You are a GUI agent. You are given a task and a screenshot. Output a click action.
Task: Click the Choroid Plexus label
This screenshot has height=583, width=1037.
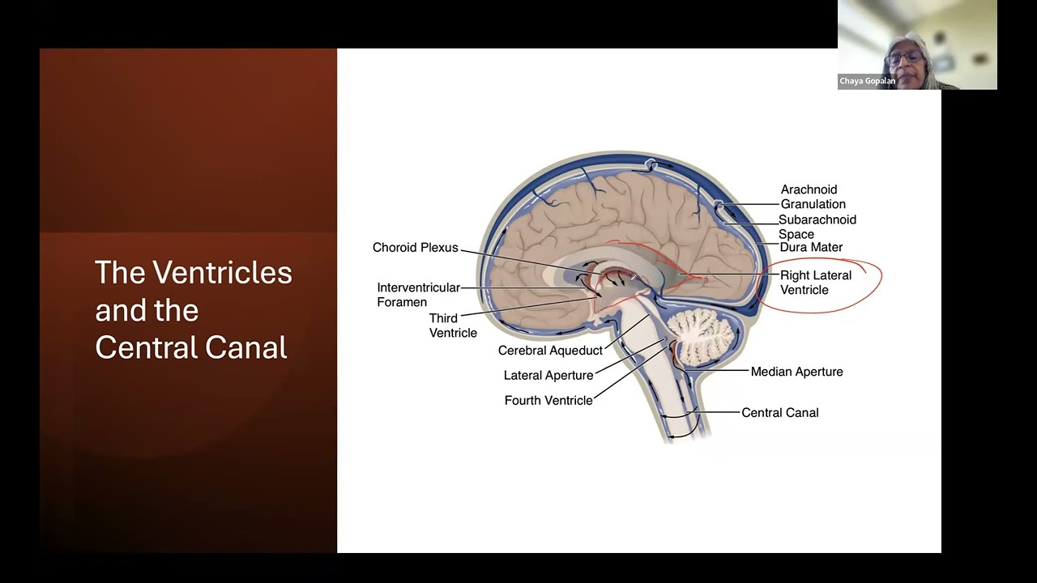pos(415,248)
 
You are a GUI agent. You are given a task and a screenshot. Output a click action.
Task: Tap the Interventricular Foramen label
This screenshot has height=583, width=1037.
pos(418,295)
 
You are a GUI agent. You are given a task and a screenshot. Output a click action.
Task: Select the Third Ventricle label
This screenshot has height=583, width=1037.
pos(453,326)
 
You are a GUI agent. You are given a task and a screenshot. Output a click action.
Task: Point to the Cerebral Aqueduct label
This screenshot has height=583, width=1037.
pos(550,351)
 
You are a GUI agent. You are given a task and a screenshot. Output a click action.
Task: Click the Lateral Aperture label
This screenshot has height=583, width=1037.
pos(548,376)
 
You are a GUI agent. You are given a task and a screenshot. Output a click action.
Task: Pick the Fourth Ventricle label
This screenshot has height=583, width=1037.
pos(548,400)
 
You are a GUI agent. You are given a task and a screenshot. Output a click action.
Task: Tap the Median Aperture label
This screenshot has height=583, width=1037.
pos(796,372)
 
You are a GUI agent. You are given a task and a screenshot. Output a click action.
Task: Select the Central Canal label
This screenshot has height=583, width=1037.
pos(779,412)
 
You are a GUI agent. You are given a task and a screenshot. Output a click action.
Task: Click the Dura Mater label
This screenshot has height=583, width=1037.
pos(810,247)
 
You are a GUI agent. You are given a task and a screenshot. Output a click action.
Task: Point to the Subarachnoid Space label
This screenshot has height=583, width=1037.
pos(817,227)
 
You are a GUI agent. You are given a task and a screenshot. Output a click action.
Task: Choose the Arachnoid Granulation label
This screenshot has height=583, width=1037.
pos(813,197)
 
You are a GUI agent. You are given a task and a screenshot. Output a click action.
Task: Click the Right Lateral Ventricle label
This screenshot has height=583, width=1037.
pos(815,283)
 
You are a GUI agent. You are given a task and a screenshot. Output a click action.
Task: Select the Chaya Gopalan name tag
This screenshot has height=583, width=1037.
pos(868,81)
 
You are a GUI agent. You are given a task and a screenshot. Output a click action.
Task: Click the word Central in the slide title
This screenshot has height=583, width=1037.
pos(148,347)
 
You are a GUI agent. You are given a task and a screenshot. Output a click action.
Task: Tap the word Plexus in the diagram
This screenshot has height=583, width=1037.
pos(437,248)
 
